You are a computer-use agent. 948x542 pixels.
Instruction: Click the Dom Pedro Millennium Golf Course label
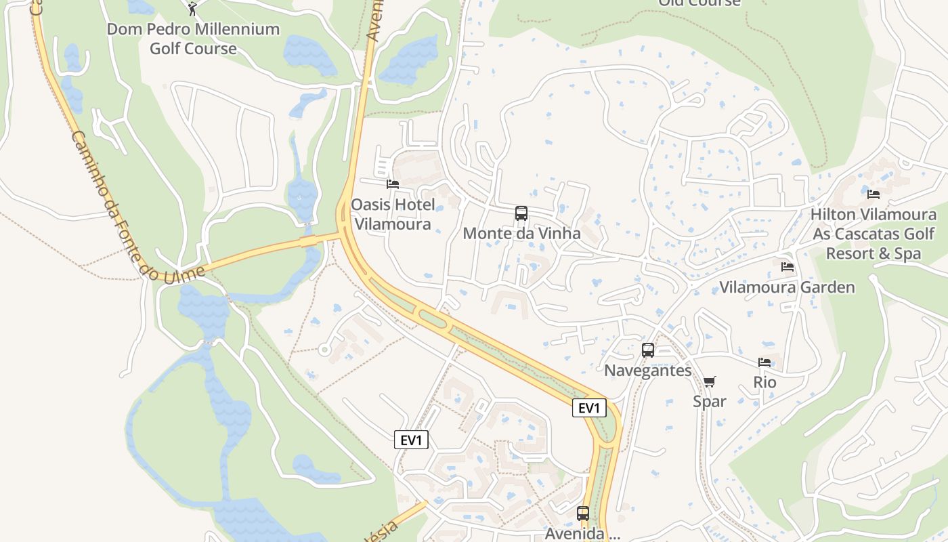click(x=193, y=39)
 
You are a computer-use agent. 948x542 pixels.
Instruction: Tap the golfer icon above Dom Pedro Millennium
click(x=192, y=9)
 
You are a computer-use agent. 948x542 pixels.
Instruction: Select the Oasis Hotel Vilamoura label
click(x=392, y=214)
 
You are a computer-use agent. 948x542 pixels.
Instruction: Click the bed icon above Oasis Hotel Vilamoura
click(x=392, y=184)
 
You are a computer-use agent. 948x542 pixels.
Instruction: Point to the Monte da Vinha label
click(x=521, y=234)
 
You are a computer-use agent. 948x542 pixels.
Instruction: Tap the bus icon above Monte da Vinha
click(x=521, y=213)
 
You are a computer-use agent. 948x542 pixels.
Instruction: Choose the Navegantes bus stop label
click(x=648, y=371)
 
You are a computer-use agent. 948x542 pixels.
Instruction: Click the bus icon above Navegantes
click(x=648, y=350)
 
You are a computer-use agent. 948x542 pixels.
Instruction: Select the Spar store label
click(x=710, y=401)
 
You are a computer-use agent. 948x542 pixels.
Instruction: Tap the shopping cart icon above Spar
click(x=710, y=381)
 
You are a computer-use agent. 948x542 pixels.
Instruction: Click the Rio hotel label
click(x=765, y=382)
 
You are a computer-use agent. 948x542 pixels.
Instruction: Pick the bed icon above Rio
click(x=765, y=362)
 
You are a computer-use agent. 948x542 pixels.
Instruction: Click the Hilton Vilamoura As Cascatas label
click(x=874, y=234)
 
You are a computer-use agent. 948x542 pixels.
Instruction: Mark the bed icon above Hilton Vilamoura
click(x=874, y=194)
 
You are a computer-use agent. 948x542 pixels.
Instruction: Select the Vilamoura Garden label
click(x=787, y=287)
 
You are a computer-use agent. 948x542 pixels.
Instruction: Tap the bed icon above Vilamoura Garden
click(x=787, y=267)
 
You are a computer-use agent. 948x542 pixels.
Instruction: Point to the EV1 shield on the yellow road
click(x=588, y=408)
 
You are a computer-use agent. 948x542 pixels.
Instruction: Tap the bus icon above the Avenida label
click(x=583, y=513)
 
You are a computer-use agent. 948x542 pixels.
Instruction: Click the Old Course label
click(x=699, y=3)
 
